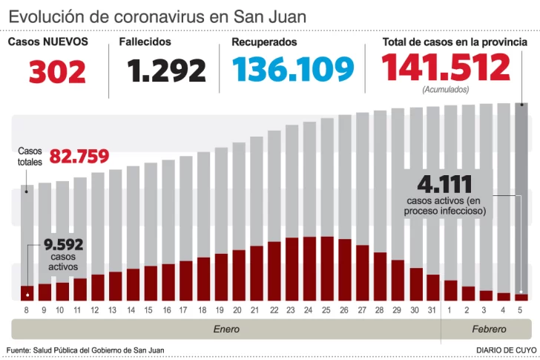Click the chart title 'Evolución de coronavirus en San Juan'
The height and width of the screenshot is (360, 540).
157,16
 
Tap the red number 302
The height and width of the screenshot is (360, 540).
57,71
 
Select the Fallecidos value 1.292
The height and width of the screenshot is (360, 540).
166,71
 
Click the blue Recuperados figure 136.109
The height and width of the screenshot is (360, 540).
293,70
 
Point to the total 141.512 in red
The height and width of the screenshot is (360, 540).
446,68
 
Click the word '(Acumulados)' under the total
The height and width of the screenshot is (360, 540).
445,89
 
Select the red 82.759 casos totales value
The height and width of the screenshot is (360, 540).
79,157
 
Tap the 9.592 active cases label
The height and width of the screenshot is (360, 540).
62,245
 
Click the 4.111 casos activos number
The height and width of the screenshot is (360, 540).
444,184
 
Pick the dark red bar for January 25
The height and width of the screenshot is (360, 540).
327,268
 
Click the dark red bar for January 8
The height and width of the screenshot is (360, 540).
27,292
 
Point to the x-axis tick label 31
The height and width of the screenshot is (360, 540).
432,310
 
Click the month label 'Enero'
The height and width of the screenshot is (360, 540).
226,328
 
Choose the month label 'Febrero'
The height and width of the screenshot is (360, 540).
488,328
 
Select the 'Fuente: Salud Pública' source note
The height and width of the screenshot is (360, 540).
85,350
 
